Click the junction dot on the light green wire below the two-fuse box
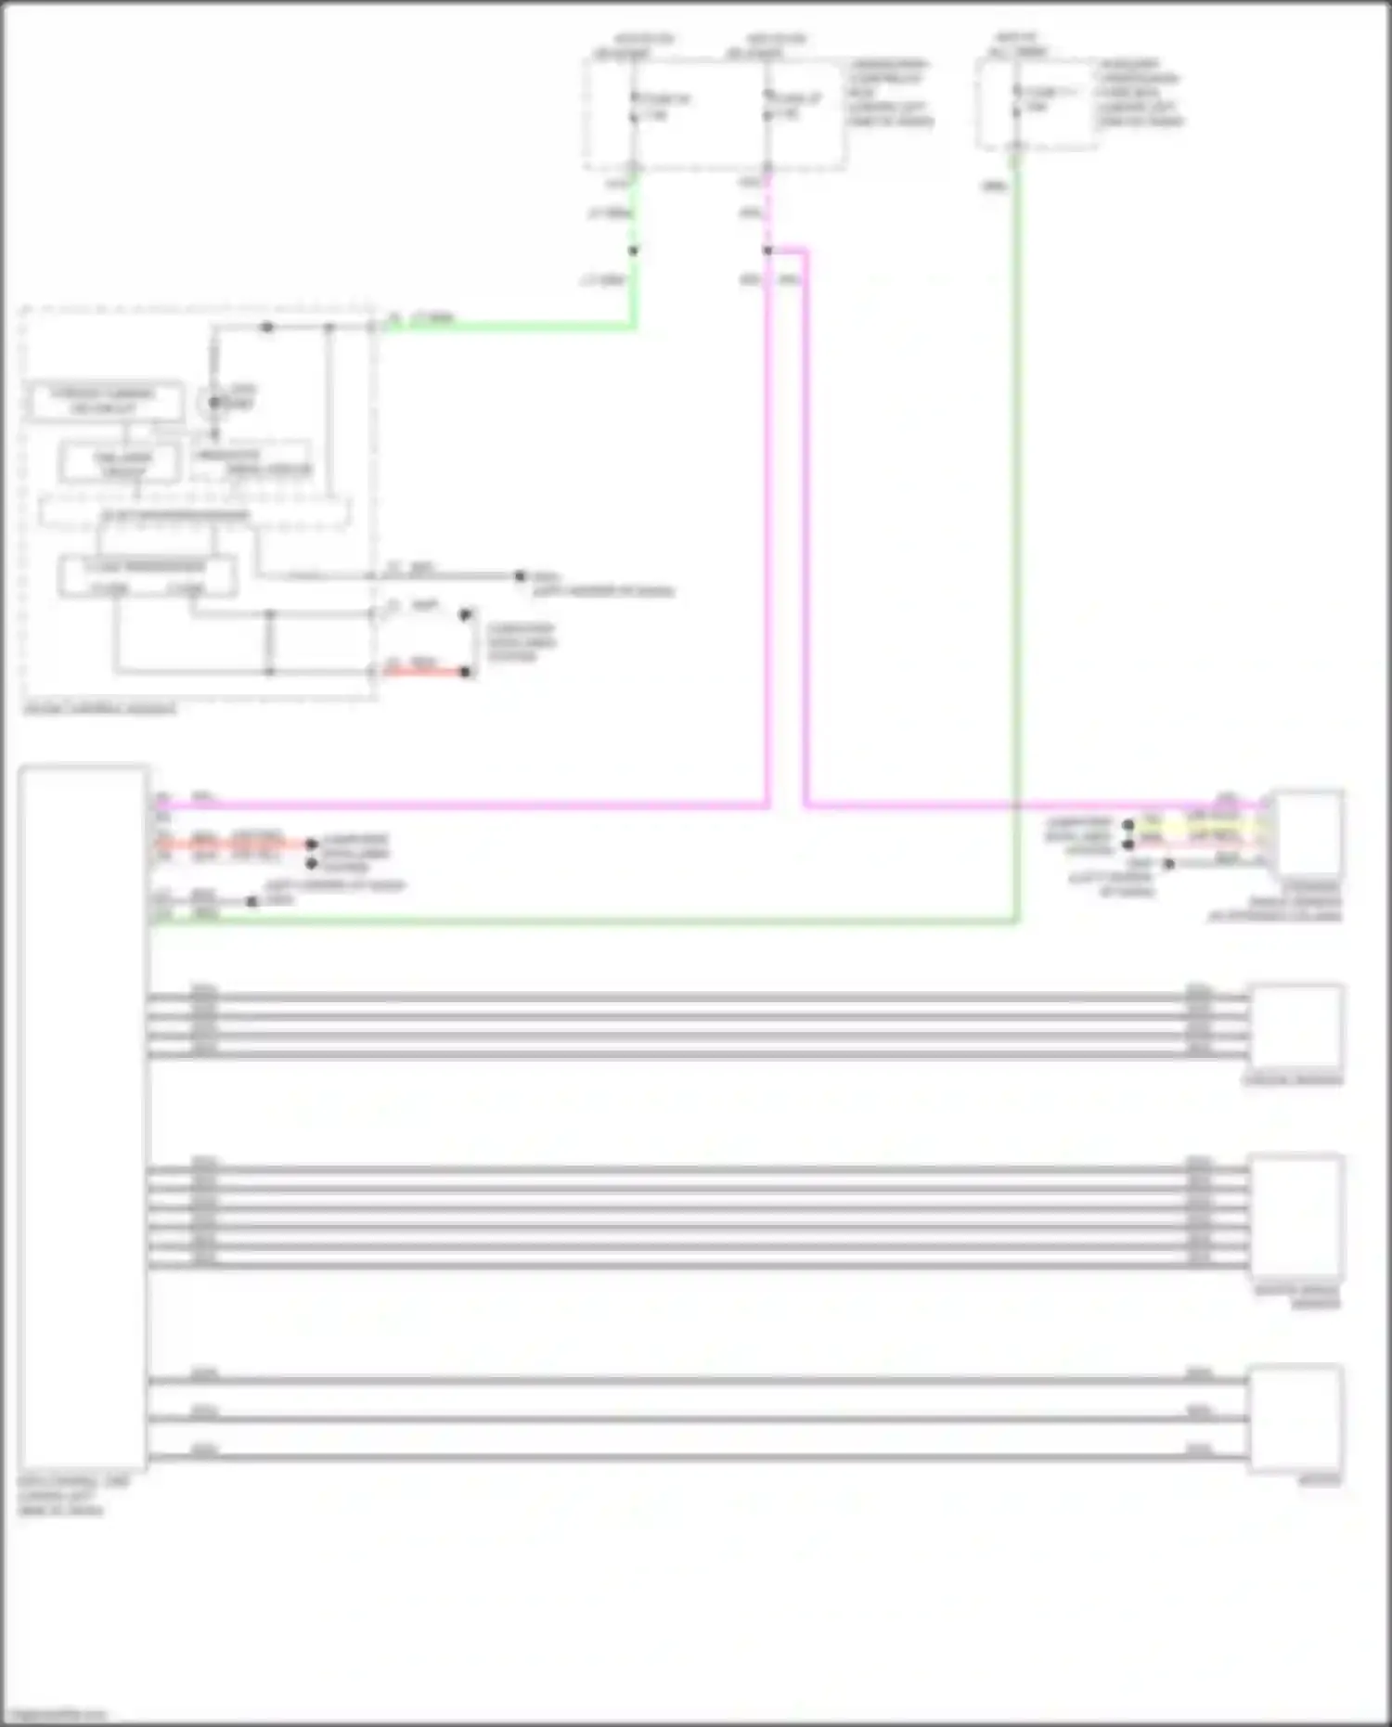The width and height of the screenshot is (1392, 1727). [x=634, y=251]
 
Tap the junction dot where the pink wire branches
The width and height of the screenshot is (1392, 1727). [x=767, y=251]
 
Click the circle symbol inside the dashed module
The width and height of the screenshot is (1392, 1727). [x=213, y=402]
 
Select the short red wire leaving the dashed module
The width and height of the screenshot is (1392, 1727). [x=422, y=671]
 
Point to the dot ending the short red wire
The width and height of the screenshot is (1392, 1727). [x=466, y=672]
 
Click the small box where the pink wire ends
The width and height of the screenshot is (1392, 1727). [x=1308, y=832]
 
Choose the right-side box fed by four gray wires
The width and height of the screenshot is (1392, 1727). [x=1295, y=1026]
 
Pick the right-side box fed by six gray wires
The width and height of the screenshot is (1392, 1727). [x=1295, y=1216]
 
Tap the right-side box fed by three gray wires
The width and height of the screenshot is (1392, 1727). [x=1295, y=1418]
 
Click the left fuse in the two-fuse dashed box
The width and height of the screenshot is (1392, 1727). [x=634, y=107]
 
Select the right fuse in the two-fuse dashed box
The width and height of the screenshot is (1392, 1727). [x=767, y=107]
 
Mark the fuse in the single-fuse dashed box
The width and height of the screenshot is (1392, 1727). [x=1016, y=100]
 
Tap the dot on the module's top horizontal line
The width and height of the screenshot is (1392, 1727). [x=267, y=327]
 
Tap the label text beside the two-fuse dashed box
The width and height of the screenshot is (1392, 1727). [x=890, y=93]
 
